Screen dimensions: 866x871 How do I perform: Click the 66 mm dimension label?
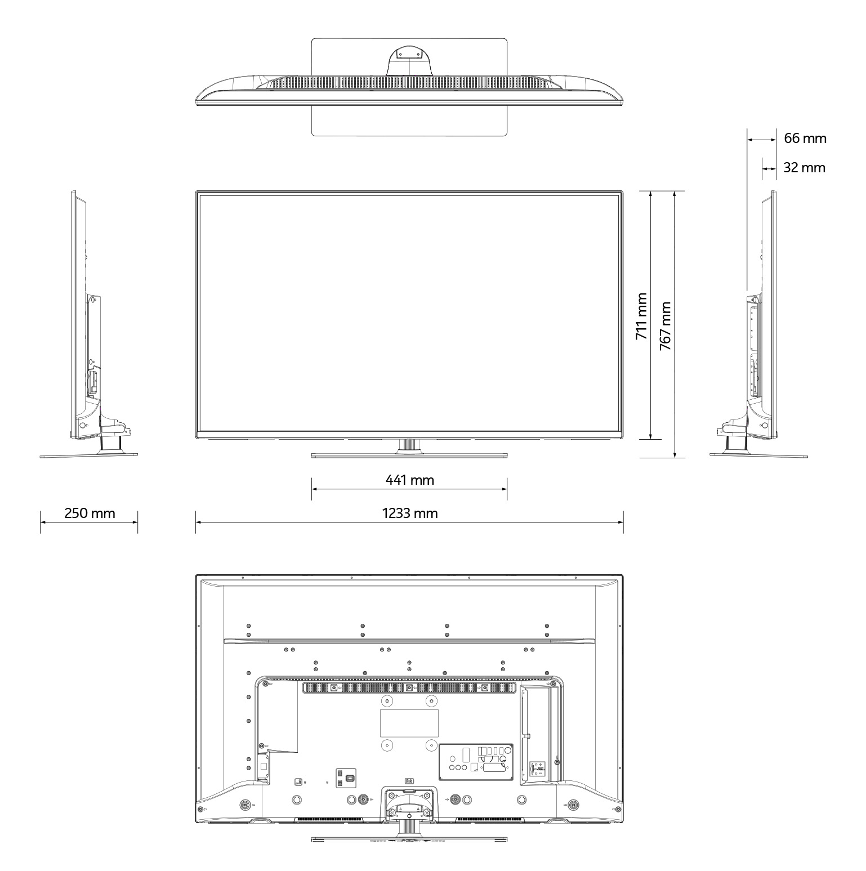point(805,138)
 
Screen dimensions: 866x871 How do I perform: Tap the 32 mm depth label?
point(805,168)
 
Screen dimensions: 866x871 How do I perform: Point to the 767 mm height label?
point(666,326)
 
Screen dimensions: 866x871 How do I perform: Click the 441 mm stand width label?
point(410,480)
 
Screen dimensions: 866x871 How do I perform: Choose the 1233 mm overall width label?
point(410,513)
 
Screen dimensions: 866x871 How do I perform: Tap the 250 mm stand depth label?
point(90,513)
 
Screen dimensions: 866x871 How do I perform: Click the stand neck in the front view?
point(409,445)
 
